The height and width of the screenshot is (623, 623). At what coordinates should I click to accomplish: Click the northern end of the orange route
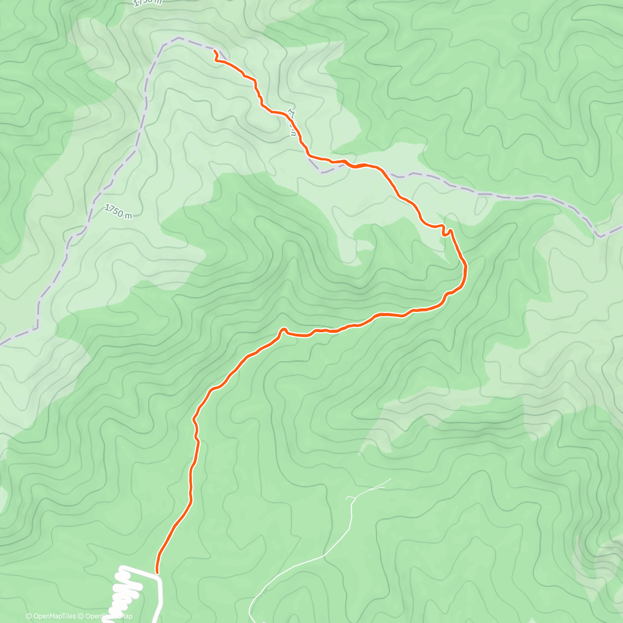pyautogui.click(x=214, y=50)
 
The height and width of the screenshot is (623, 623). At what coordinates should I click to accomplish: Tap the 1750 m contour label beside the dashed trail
pyautogui.click(x=118, y=211)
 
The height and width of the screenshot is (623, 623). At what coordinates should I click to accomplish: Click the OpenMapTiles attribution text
pyautogui.click(x=55, y=616)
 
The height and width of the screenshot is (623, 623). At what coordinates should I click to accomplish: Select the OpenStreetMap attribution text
pyautogui.click(x=109, y=616)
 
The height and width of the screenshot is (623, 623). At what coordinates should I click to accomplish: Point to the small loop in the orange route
pyautogui.click(x=445, y=232)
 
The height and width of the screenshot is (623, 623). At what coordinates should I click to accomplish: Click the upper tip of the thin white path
pyautogui.click(x=390, y=479)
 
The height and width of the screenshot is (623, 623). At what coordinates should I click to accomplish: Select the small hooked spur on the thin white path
pyautogui.click(x=349, y=498)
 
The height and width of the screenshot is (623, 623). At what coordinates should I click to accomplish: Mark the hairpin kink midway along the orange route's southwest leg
pyautogui.click(x=283, y=330)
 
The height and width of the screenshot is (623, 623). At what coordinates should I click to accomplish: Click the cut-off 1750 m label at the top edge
pyautogui.click(x=147, y=3)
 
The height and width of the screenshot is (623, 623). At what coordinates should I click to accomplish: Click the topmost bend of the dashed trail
pyautogui.click(x=179, y=38)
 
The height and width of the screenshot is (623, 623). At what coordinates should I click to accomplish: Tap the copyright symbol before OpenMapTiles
pyautogui.click(x=29, y=616)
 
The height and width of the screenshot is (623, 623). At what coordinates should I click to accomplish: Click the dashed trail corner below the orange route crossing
pyautogui.click(x=322, y=172)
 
